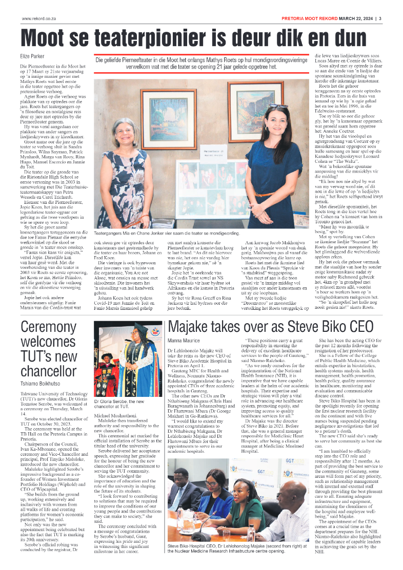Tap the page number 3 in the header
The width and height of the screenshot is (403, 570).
pos(380,19)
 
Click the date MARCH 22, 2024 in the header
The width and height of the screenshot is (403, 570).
pos(355,19)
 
